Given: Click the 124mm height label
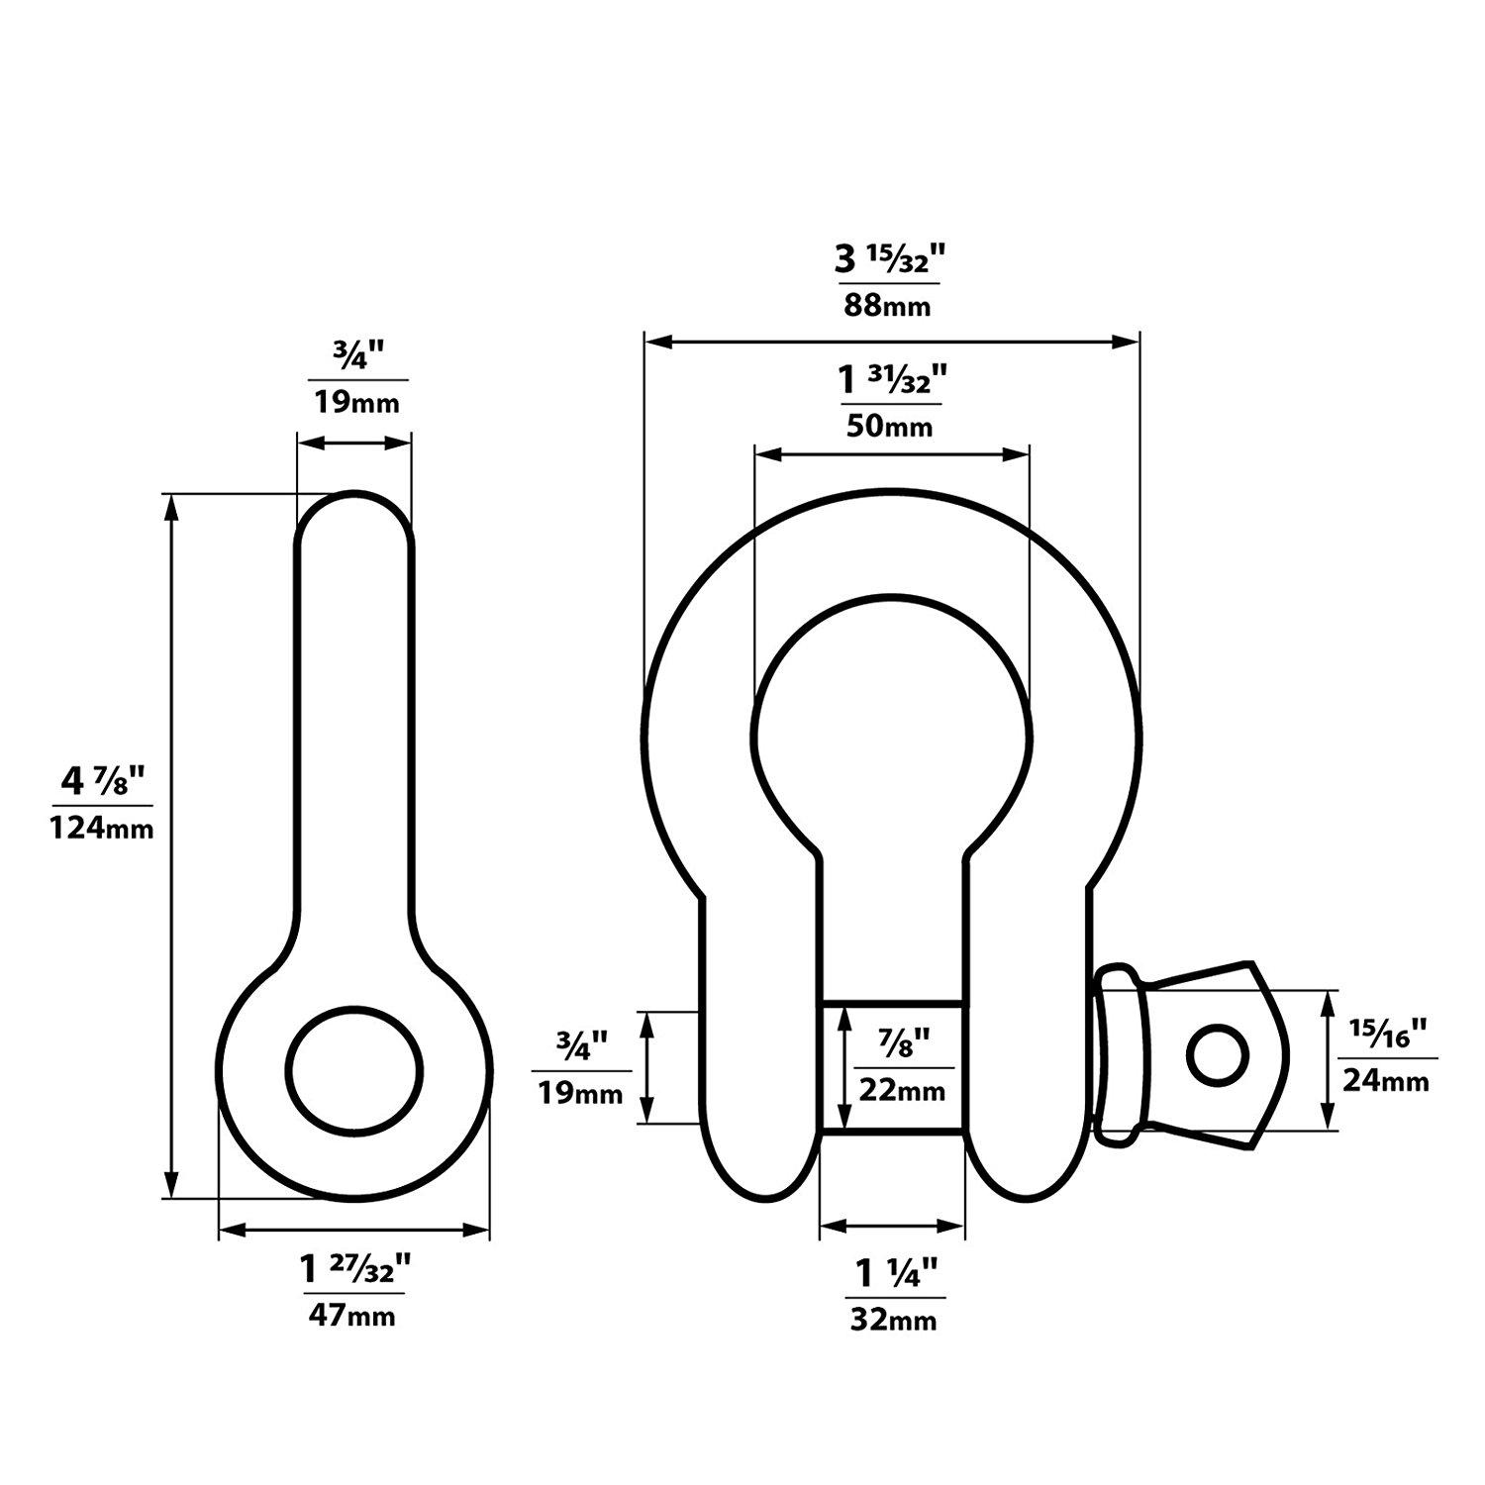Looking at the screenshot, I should pos(102,828).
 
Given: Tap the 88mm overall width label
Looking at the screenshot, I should pos(887,305).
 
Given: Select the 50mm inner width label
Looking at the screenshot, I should pos(889,427).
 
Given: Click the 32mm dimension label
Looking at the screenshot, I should pos(893,1320).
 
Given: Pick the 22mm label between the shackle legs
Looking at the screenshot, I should pos(903,1090).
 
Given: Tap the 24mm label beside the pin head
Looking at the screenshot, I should pos(1385,1081).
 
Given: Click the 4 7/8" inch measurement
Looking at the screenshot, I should pos(102,783).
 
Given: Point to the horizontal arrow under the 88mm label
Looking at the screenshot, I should pos(891,342).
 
